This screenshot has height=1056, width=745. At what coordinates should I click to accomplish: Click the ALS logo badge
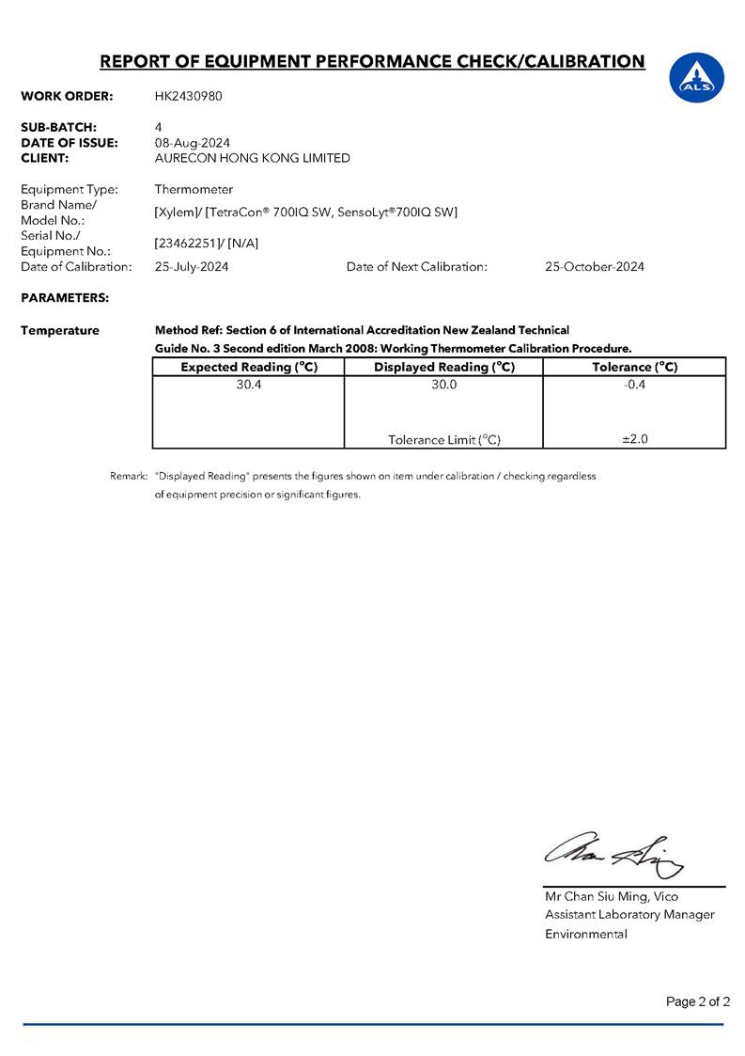point(696,78)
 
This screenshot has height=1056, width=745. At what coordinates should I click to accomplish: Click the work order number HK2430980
point(188,96)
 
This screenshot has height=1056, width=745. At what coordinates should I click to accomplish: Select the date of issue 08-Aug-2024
point(192,142)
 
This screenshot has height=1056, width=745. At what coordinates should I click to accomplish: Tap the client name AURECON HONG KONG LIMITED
point(252,158)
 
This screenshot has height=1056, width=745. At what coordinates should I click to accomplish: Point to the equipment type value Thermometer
point(194,189)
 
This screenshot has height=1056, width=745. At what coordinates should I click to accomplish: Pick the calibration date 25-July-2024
point(192,266)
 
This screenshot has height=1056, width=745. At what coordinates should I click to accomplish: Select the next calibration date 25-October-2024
point(595,266)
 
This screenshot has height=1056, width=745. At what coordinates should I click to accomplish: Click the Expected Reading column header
point(249,367)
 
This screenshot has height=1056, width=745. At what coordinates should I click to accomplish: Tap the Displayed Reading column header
point(444,367)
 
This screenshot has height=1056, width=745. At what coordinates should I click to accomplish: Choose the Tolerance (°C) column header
point(634,367)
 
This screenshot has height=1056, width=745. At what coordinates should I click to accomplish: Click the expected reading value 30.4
point(249,384)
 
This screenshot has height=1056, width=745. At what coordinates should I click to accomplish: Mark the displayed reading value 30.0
point(444,384)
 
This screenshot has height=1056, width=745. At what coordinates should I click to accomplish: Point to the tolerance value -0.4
point(635,384)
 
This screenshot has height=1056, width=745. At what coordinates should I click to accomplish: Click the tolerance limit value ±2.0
point(635,438)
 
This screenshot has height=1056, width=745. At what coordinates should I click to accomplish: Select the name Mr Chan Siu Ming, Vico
point(612,896)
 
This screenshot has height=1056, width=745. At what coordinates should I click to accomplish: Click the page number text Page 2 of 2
point(698,1001)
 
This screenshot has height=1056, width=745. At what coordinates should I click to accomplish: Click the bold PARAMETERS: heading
point(64,298)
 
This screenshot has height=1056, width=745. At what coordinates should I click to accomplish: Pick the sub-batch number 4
point(158,126)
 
